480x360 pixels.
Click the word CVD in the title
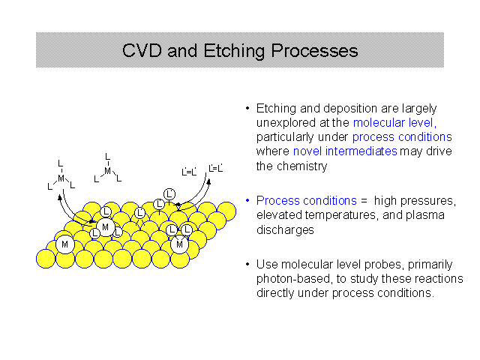click(142, 50)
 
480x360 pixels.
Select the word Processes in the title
click(315, 51)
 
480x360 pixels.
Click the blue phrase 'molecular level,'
click(394, 123)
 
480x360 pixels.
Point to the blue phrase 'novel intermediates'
click(345, 151)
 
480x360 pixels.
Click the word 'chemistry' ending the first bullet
click(301, 166)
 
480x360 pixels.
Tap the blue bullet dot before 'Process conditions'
click(247, 200)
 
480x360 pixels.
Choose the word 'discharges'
click(285, 230)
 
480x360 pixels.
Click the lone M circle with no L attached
click(65, 244)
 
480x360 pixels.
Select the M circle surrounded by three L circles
click(105, 227)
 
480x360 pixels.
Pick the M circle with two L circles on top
click(179, 244)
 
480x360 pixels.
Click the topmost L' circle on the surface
click(169, 194)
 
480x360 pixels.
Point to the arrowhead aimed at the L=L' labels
click(208, 181)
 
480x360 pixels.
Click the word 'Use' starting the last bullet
click(267, 264)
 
